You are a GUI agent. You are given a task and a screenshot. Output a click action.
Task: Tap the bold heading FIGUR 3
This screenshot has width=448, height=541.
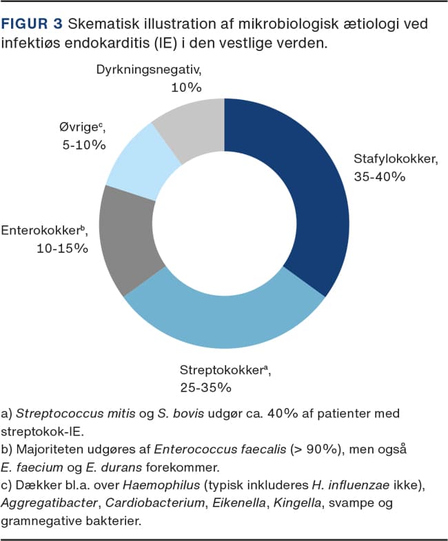(32, 24)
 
